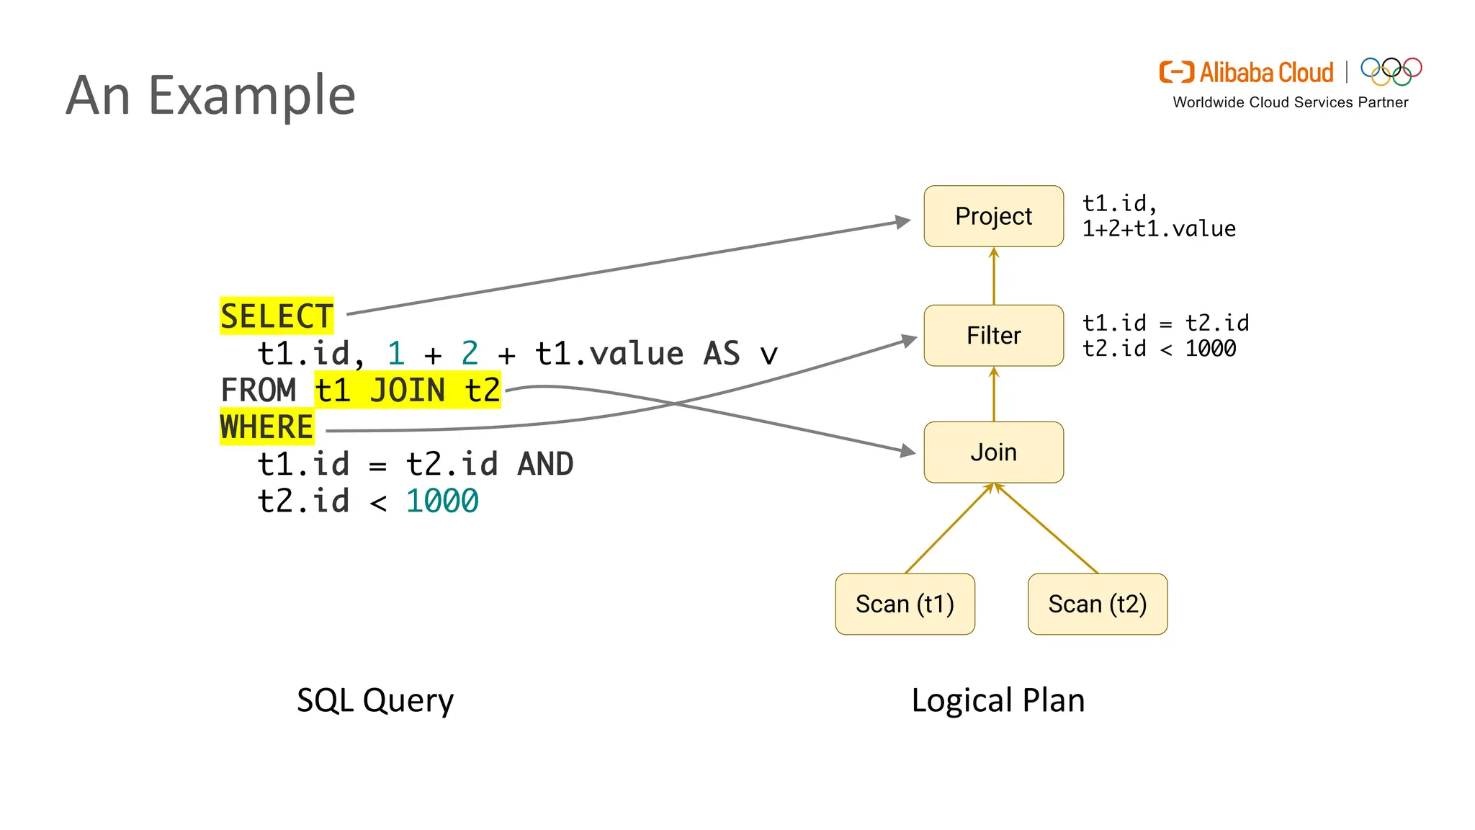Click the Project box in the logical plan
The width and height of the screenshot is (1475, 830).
coord(993,216)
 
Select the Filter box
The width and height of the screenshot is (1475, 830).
coord(993,336)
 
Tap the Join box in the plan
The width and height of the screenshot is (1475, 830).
coord(993,452)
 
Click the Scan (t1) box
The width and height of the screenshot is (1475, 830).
coord(905,604)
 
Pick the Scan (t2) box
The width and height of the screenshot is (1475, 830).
coord(1097,604)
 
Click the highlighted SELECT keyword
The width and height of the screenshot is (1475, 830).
coord(277,316)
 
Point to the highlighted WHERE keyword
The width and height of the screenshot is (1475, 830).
coord(266,427)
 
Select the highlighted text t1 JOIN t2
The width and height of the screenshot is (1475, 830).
coord(408,391)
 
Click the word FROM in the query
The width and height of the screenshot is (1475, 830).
coord(258,391)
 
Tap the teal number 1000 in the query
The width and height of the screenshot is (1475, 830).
coord(441,501)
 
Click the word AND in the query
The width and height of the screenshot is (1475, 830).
coord(545,464)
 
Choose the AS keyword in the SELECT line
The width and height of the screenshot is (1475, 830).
coord(721,354)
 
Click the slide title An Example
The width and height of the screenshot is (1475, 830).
coord(210,95)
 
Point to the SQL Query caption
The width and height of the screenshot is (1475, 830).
coord(375,700)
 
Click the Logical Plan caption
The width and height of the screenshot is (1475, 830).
coord(997,700)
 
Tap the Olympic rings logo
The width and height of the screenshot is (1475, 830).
coord(1391,71)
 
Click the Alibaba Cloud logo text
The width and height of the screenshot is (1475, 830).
coord(1265,73)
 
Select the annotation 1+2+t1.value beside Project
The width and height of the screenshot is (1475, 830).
coord(1159,229)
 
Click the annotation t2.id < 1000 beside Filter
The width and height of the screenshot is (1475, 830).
coord(1159,349)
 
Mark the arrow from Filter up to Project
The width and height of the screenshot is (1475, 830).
coord(994,277)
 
